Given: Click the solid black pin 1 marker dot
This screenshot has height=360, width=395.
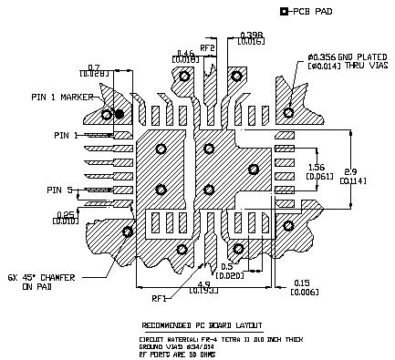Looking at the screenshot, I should click(x=119, y=114).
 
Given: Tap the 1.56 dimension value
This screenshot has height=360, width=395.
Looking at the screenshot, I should click(x=317, y=167).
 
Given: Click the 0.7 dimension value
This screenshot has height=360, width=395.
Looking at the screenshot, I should click(x=94, y=67).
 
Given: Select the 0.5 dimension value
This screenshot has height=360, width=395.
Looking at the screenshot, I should click(x=227, y=266).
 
